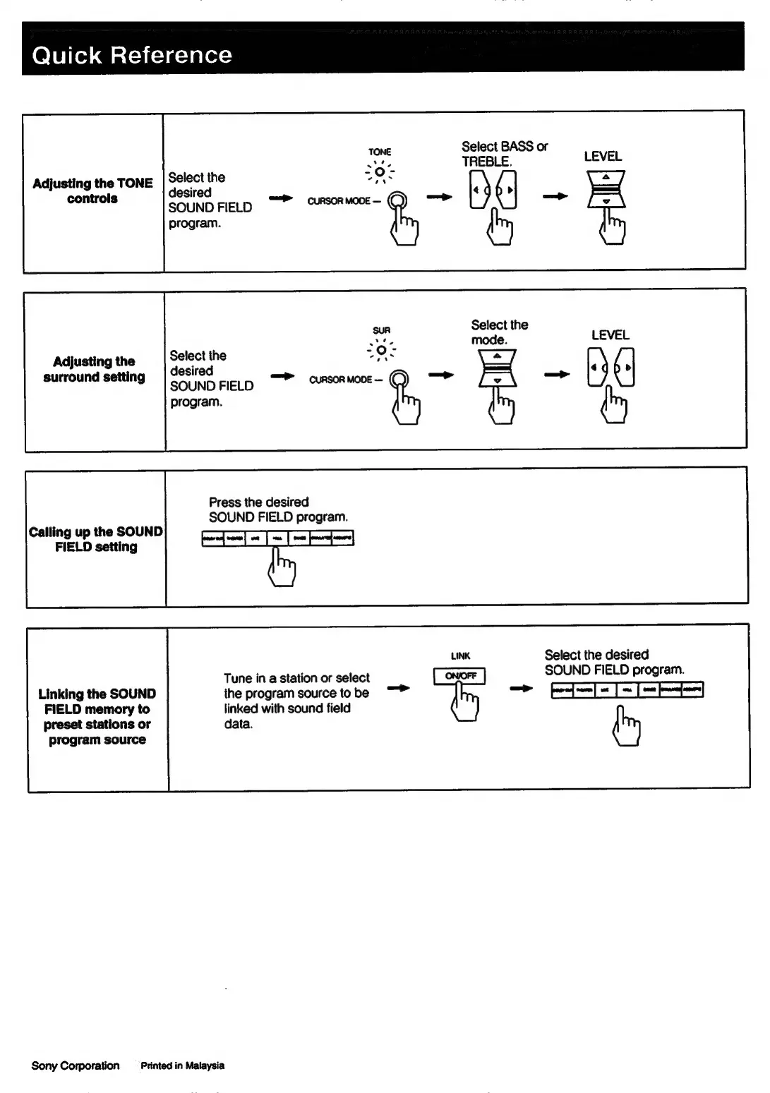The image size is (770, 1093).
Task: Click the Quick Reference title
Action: pyautogui.click(x=132, y=55)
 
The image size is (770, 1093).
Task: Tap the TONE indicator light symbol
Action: pyautogui.click(x=380, y=171)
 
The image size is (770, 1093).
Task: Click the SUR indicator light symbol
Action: pyautogui.click(x=382, y=350)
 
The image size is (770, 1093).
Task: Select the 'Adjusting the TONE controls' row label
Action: pyautogui.click(x=92, y=191)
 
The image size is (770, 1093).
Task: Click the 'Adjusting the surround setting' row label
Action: pyautogui.click(x=94, y=369)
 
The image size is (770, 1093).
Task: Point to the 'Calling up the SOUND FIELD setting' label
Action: pyautogui.click(x=96, y=539)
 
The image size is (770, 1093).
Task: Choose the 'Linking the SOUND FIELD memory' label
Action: pyautogui.click(x=97, y=716)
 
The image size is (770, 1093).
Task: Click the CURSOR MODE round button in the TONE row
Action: pyautogui.click(x=398, y=201)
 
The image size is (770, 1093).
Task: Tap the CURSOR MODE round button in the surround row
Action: pyautogui.click(x=399, y=380)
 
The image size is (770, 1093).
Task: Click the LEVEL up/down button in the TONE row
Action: pyautogui.click(x=606, y=189)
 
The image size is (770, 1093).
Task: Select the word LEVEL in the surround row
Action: pyautogui.click(x=610, y=335)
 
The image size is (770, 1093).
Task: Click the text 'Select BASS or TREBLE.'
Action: pyautogui.click(x=504, y=154)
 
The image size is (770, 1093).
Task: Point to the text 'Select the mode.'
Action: pyautogui.click(x=499, y=332)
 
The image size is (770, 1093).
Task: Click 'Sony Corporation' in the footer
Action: pyautogui.click(x=76, y=1065)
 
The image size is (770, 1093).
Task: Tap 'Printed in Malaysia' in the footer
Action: pyautogui.click(x=182, y=1065)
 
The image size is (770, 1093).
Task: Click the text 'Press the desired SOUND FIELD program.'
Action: pyautogui.click(x=278, y=509)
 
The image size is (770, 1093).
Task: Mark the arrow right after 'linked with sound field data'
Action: pyautogui.click(x=399, y=688)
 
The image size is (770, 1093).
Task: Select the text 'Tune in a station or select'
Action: pyautogui.click(x=296, y=678)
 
